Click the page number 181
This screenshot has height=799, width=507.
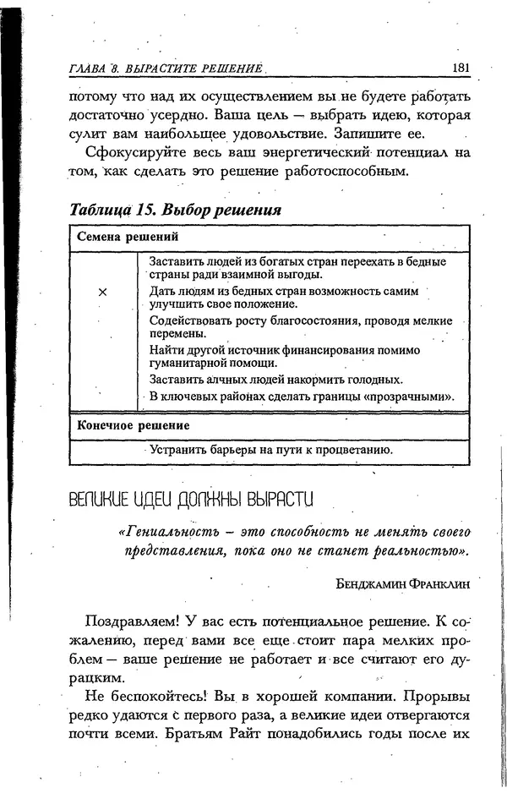(461, 68)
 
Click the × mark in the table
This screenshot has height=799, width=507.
(102, 292)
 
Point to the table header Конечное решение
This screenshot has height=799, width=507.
(133, 425)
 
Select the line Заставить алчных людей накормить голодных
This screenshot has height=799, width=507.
(275, 379)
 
